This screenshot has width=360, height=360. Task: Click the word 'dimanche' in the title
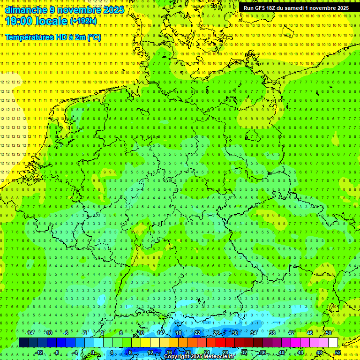tap(26, 9)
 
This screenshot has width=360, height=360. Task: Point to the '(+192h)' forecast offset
tap(83, 21)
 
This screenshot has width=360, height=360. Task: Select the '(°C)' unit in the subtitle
tap(94, 37)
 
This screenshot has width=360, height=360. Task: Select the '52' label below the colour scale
tap(338, 352)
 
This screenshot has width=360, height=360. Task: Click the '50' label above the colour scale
tap(329, 333)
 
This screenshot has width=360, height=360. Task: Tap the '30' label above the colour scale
tap(235, 333)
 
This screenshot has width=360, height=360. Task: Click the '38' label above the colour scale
tap(272, 333)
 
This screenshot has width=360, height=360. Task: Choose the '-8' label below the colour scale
tap(57, 352)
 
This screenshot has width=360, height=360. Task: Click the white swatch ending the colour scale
tap(333, 343)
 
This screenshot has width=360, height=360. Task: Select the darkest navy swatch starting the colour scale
tap(23, 343)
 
